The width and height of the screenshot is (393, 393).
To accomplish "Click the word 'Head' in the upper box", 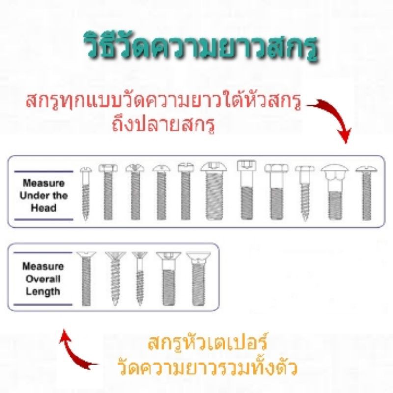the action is tap(44, 208).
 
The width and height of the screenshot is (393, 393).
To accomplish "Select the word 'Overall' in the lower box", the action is tap(43, 279).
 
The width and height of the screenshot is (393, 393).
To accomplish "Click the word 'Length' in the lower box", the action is tap(43, 291).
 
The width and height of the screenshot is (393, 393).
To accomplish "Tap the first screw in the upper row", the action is tap(85, 194).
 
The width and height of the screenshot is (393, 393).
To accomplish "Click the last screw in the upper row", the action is tap(366, 193).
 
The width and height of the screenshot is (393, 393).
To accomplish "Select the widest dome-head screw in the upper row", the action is tap(214, 191).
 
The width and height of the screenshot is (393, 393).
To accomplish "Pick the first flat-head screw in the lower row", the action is tap(86, 279).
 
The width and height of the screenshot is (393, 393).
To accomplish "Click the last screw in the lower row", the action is tap(198, 279).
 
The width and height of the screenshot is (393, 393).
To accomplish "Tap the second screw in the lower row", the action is tap(115, 279).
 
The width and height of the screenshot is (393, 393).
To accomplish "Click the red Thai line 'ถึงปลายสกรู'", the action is tap(164, 125).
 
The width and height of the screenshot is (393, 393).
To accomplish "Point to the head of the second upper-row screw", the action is tap(108, 168).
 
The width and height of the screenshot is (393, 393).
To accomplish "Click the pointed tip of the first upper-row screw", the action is tap(85, 220).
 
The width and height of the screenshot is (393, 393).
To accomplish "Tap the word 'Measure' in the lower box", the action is tap(43, 266).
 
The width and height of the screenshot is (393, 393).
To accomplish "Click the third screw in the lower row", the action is tap(140, 279).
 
